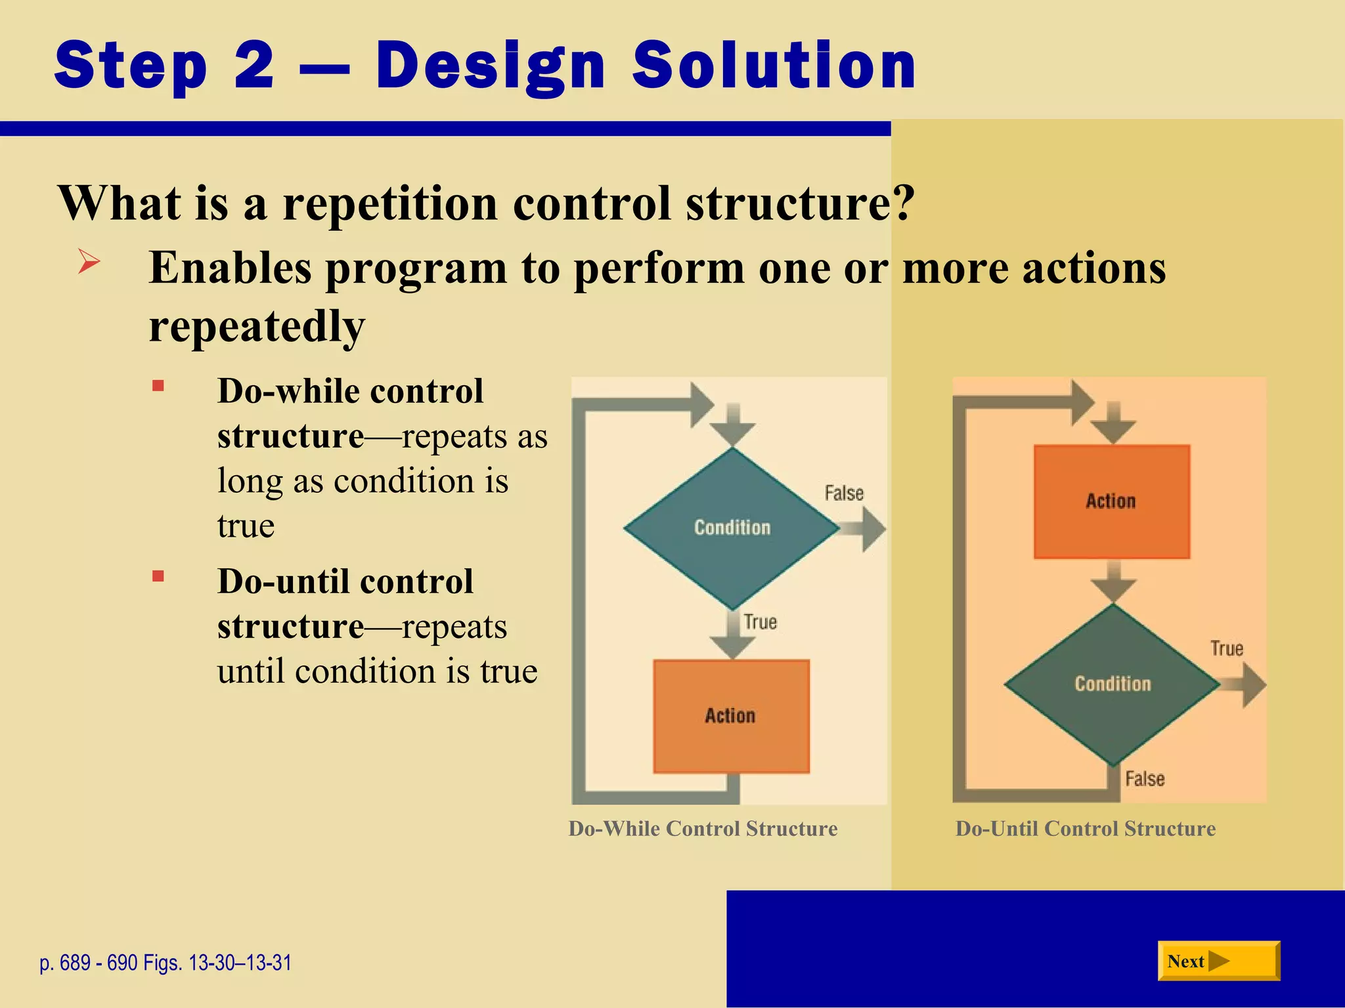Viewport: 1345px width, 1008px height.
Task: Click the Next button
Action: click(1218, 961)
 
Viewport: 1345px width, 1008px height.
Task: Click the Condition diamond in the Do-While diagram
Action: click(732, 528)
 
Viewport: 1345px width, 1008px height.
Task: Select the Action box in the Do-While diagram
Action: click(731, 716)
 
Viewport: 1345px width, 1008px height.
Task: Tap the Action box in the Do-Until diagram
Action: click(1111, 501)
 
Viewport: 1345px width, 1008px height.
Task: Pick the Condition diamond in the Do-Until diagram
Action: click(1113, 684)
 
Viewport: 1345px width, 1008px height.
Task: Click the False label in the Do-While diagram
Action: click(844, 493)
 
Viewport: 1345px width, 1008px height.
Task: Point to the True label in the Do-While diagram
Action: click(760, 622)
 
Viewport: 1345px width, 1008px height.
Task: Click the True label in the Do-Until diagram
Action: click(1227, 649)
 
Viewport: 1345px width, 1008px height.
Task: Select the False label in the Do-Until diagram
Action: click(1145, 779)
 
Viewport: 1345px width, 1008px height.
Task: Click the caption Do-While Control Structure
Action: click(703, 829)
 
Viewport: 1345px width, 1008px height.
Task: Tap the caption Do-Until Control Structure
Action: click(1085, 829)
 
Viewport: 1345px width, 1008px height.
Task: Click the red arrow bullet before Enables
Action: click(89, 262)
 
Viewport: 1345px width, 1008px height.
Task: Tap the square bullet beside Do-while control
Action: click(158, 386)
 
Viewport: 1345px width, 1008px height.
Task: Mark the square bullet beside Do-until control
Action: click(158, 576)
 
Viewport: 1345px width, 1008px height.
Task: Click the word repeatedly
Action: click(257, 326)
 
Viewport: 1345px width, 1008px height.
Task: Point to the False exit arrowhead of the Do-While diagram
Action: click(873, 529)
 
